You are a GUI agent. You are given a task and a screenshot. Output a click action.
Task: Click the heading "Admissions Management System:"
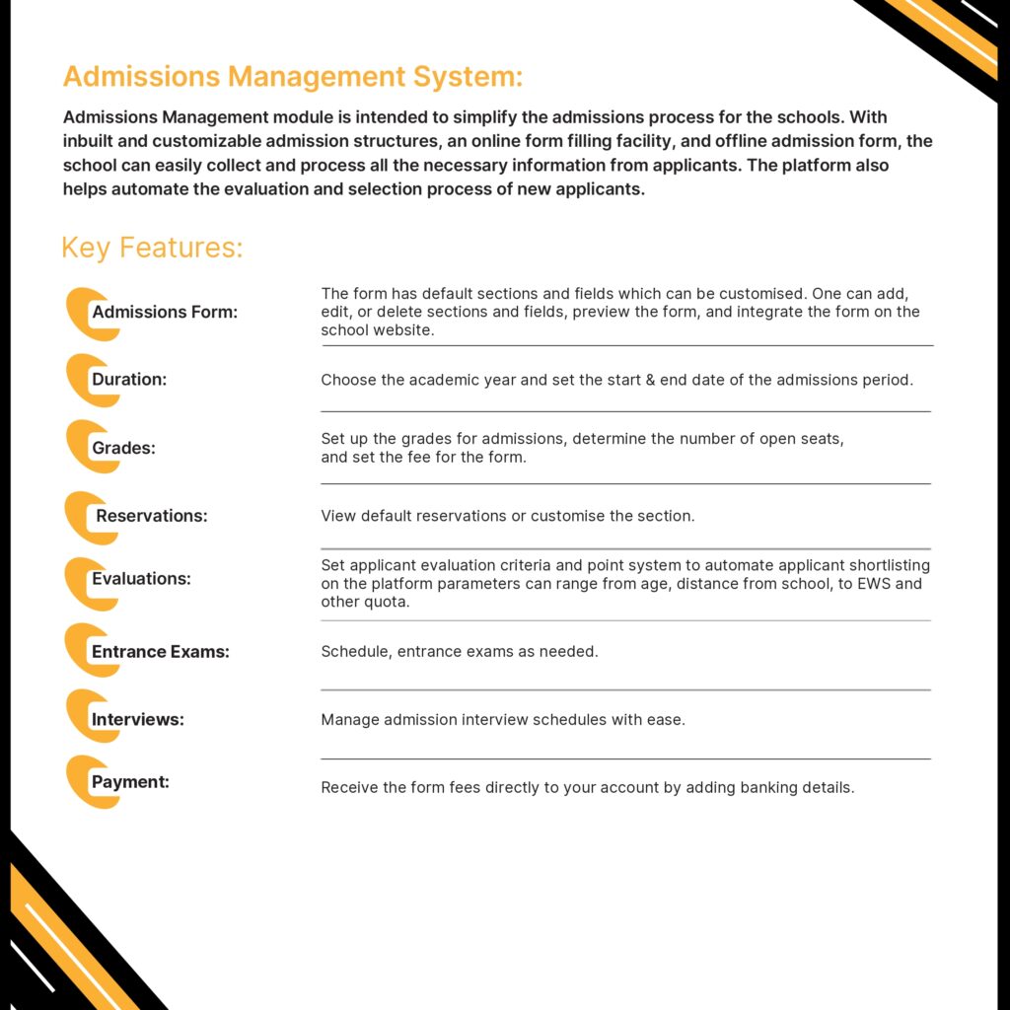[292, 77]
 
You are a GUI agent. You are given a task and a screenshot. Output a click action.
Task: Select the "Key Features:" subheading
[152, 247]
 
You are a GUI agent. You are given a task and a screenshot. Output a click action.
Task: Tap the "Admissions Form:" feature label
[165, 313]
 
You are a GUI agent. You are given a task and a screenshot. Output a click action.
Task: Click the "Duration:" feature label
[129, 380]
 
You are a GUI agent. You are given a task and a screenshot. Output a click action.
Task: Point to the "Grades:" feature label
[124, 449]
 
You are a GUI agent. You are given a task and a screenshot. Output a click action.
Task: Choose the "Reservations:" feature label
[152, 516]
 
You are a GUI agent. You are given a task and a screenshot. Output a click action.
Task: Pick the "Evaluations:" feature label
[141, 579]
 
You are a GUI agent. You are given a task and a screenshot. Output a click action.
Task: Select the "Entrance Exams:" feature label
[160, 652]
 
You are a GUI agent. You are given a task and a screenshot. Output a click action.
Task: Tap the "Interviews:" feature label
[138, 720]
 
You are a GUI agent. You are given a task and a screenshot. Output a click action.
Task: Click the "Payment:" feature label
[130, 782]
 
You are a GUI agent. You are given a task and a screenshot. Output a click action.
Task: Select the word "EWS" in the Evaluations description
[878, 584]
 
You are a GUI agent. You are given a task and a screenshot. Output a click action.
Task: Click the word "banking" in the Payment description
[740, 788]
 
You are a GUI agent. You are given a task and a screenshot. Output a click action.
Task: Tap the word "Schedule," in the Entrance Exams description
[357, 652]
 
